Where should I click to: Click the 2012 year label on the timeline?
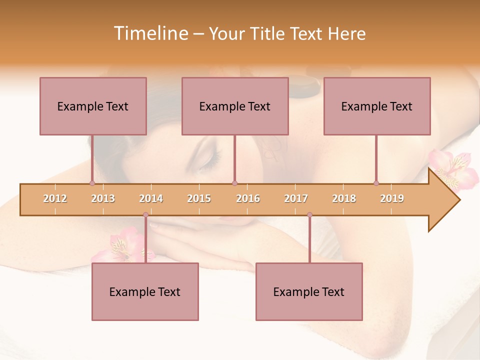pyautogui.click(x=55, y=198)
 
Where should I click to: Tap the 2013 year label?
pyautogui.click(x=103, y=198)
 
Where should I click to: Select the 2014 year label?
pyautogui.click(x=151, y=198)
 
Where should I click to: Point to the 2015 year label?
pyautogui.click(x=199, y=198)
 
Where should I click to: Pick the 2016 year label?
pyautogui.click(x=248, y=198)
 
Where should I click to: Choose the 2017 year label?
pyautogui.click(x=296, y=198)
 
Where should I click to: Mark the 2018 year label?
pyautogui.click(x=344, y=198)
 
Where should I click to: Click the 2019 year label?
pyautogui.click(x=392, y=198)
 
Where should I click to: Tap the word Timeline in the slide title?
pyautogui.click(x=151, y=33)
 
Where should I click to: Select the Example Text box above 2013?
pyautogui.click(x=93, y=106)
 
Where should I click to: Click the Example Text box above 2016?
pyautogui.click(x=235, y=106)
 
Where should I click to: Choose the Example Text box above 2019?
pyautogui.click(x=377, y=106)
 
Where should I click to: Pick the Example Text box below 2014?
pyautogui.click(x=145, y=291)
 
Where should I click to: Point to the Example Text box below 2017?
pyautogui.click(x=309, y=291)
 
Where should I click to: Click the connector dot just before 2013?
pyautogui.click(x=92, y=183)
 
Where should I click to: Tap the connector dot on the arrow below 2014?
pyautogui.click(x=145, y=215)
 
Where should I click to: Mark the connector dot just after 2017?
pyautogui.click(x=309, y=215)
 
